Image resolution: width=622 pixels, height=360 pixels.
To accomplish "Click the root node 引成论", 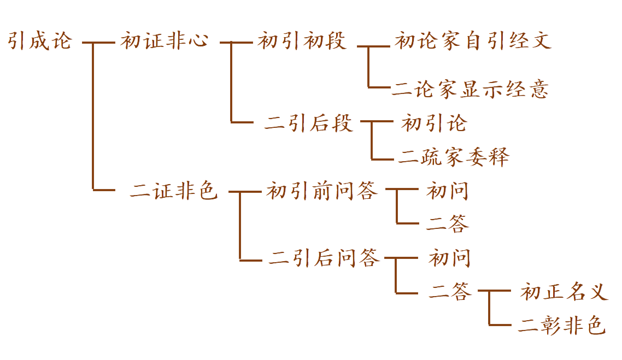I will [40, 42].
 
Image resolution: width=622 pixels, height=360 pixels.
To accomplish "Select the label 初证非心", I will [164, 42].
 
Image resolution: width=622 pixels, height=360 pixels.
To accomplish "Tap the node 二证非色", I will [174, 191].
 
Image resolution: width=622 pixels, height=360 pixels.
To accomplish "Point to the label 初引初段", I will [302, 42].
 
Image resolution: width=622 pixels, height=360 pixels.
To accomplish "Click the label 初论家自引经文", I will [473, 42].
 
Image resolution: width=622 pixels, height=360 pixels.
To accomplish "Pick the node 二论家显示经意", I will [470, 89].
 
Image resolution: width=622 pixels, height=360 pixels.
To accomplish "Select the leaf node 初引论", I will [433, 124].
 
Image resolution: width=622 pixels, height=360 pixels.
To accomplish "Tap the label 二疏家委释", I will [454, 158].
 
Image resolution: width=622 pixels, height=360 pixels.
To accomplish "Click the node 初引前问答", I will [322, 191].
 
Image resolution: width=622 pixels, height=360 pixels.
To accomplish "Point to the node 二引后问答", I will [324, 258].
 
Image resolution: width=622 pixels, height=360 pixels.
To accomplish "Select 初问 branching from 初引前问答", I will [447, 191].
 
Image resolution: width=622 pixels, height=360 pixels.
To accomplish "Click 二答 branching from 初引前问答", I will [448, 224].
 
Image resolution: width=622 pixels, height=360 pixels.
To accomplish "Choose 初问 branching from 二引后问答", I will [449, 258].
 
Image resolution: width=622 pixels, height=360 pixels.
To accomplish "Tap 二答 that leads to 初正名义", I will [450, 292].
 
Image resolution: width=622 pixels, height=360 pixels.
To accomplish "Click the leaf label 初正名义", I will [564, 292].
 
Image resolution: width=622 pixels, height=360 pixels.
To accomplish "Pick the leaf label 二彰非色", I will [561, 326].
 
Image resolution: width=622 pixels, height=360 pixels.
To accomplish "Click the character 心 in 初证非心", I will [198, 42].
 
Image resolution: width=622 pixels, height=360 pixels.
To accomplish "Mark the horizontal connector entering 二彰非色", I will [502, 325].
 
